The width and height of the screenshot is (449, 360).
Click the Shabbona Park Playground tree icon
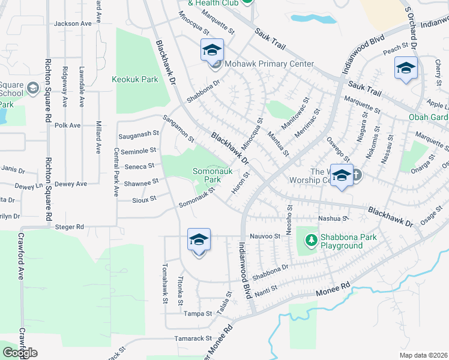click(311, 241)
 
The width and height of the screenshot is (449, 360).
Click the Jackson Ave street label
click(73, 23)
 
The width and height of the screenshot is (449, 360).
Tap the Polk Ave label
click(67, 125)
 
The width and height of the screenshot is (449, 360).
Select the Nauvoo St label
click(265, 236)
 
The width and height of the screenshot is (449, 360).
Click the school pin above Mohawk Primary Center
click(212, 50)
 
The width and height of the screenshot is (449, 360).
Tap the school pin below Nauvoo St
click(199, 241)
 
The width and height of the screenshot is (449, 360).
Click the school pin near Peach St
click(406, 68)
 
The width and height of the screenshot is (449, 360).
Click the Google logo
click(20, 353)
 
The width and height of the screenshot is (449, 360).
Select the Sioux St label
click(144, 198)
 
